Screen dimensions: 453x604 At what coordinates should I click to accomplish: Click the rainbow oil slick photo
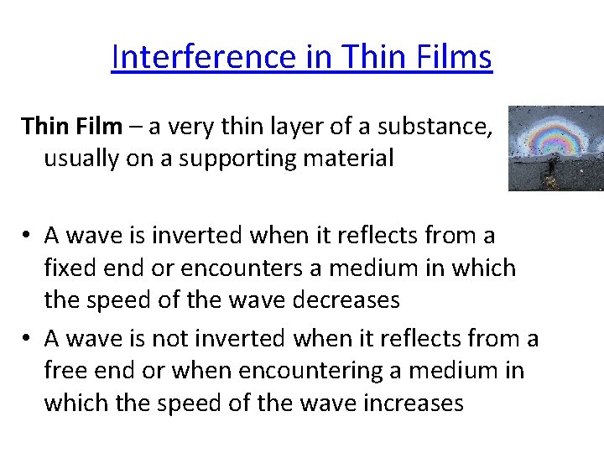(555, 148)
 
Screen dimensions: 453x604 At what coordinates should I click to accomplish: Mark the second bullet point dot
(29, 340)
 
